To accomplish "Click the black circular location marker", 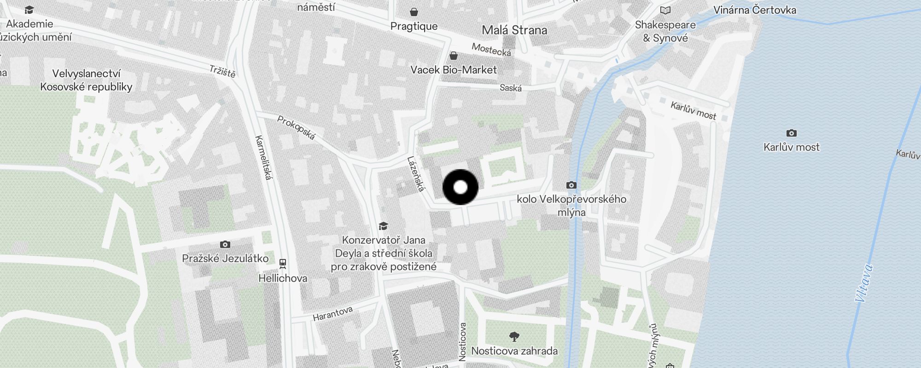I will point(460,187).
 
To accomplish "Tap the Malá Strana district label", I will point(514,30).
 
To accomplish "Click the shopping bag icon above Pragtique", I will point(414,11).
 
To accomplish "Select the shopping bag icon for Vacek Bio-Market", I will point(454,56).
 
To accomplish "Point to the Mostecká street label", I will point(491,50).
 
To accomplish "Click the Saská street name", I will point(511,87).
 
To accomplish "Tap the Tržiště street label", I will point(222,71).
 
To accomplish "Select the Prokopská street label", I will point(297,127).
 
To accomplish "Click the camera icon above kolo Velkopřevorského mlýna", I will point(571,185).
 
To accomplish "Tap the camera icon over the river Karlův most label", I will point(791,133).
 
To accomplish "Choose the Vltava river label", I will point(863,283).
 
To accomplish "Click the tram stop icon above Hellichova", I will point(282,264).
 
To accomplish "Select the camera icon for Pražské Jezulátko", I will point(225,244).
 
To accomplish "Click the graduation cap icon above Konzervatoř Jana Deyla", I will point(383,226).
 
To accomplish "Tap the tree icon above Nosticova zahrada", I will point(514,337).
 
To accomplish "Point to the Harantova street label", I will point(332,314).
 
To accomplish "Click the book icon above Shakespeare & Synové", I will point(665,10).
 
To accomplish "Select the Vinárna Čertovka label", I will point(754,10).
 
